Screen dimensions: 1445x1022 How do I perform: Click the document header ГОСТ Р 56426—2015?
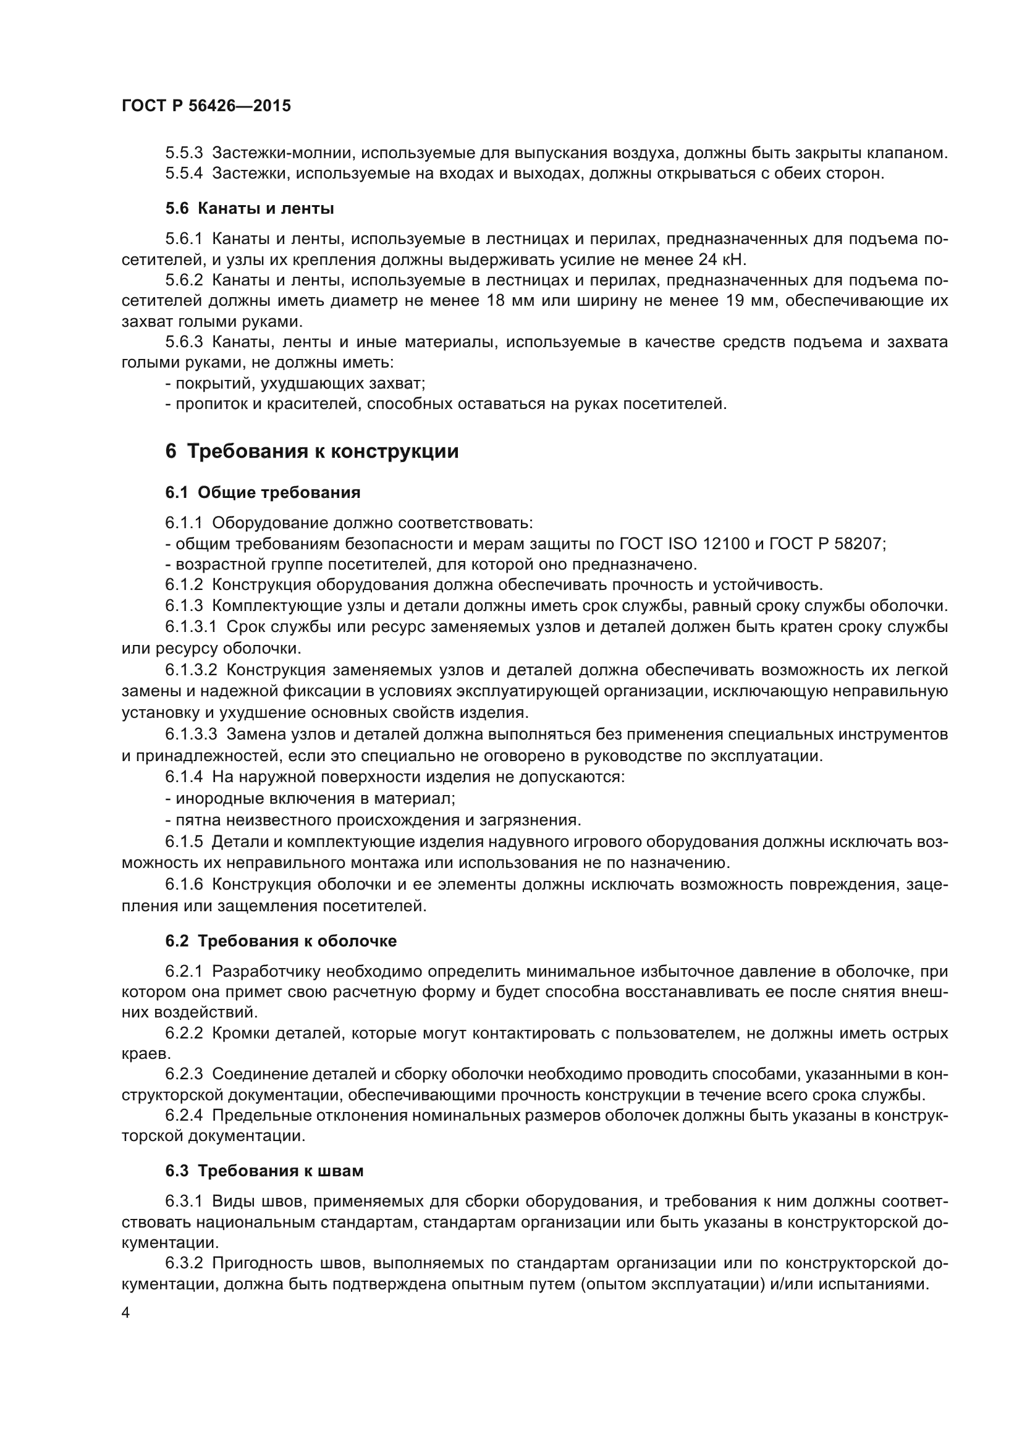(206, 106)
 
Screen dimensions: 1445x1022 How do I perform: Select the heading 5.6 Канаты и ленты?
(249, 208)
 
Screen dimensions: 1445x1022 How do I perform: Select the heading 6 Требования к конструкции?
(311, 451)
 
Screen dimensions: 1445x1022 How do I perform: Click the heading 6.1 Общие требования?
(263, 492)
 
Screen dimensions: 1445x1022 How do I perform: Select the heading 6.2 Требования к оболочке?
(281, 941)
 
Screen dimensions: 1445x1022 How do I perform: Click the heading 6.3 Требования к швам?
(264, 1171)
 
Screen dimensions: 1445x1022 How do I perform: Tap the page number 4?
(126, 1313)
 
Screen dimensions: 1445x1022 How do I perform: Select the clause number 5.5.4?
(184, 174)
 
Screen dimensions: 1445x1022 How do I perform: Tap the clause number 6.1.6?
(184, 884)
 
